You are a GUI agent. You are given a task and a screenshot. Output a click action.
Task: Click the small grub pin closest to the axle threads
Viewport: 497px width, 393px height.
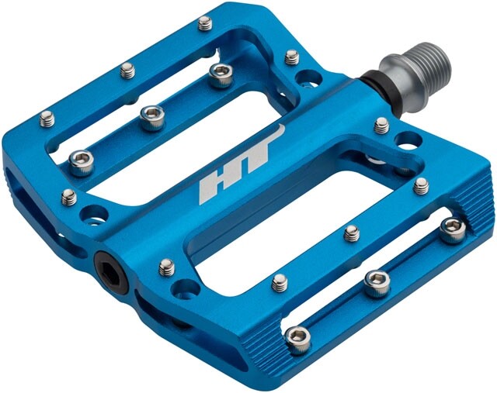coord(291,57)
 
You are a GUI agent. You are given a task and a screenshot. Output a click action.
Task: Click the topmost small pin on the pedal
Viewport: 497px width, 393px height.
coord(205,23)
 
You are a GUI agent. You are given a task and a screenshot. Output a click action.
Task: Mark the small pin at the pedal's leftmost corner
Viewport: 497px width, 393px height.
coord(47,119)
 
